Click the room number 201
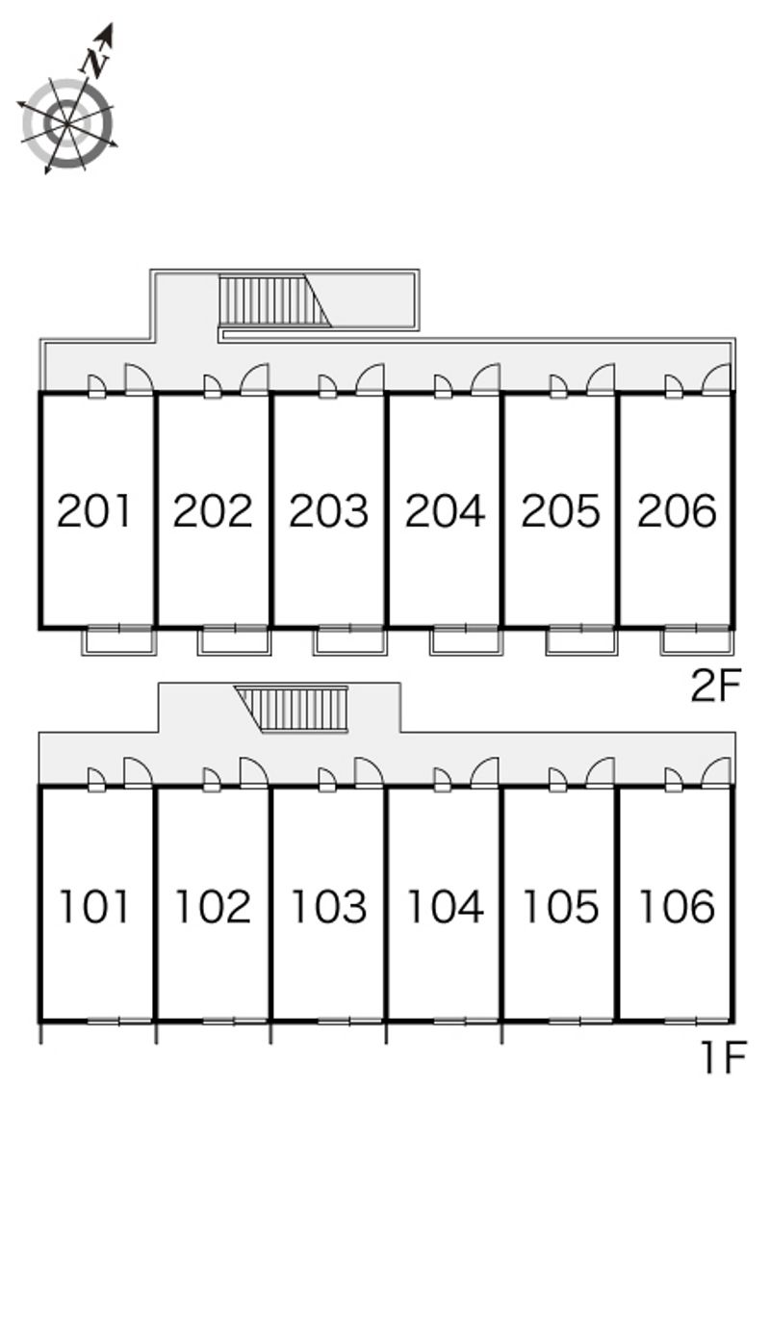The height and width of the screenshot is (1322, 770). coord(94,510)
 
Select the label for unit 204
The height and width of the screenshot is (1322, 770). coord(445,510)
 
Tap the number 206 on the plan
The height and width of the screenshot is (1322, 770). coord(677,510)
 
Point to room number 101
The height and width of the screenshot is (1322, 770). coord(94,906)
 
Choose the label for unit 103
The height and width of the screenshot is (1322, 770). coord(328,906)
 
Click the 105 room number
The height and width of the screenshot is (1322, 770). coord(560,906)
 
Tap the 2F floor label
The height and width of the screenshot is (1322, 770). coord(715,686)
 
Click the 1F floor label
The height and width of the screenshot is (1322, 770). coord(724,1057)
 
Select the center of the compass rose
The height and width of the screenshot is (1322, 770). coord(66,124)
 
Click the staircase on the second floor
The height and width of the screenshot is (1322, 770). coord(274,300)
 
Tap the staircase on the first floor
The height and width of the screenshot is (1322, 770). coord(291,709)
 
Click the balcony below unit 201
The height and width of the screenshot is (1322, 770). coord(119,640)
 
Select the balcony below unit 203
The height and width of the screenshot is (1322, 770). coord(351,640)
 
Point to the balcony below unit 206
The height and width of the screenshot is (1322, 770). coord(698,640)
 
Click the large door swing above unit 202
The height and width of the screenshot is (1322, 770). coord(255,378)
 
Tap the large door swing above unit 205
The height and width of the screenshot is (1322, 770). coord(601,378)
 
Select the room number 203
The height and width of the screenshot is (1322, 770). coord(328,510)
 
